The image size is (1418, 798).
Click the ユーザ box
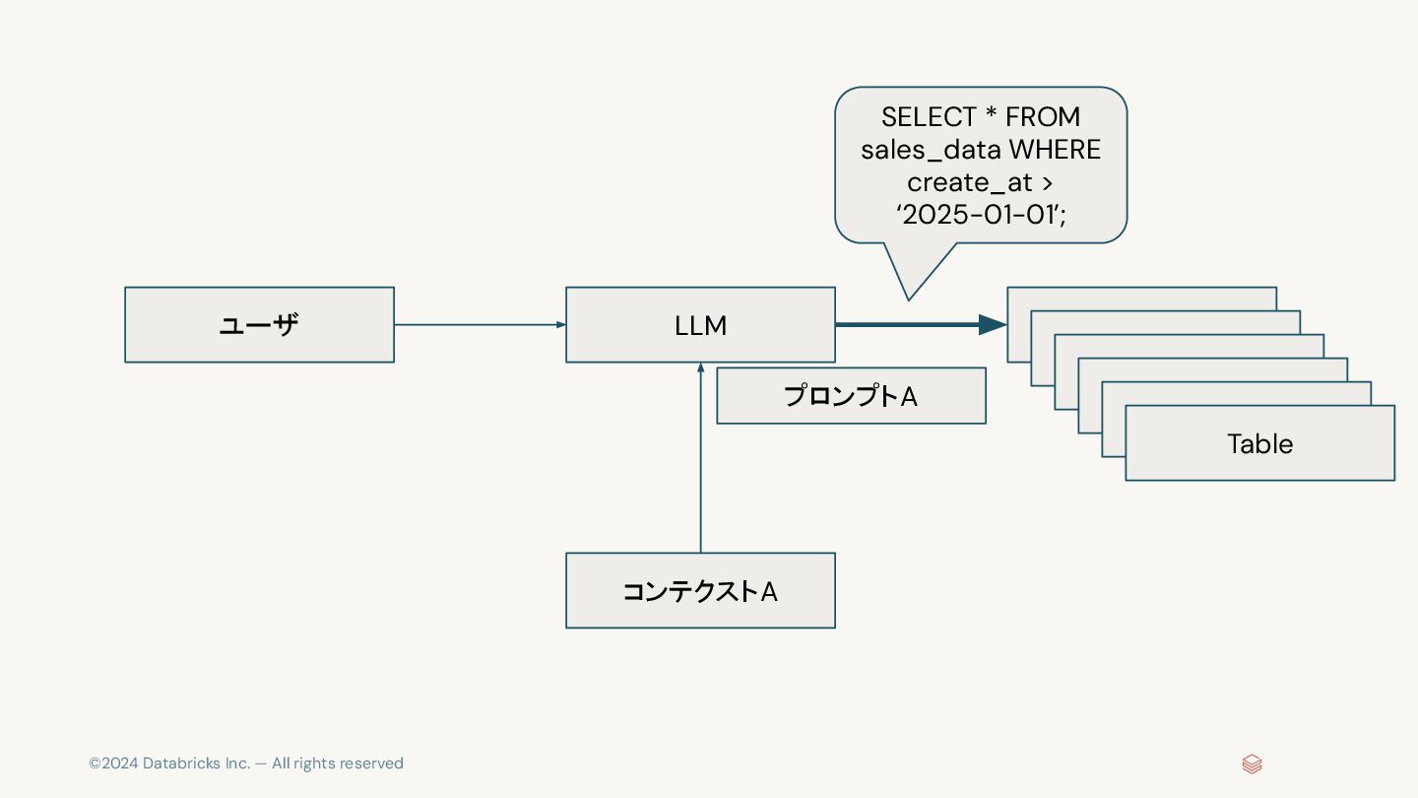(259, 325)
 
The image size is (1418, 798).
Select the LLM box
(700, 325)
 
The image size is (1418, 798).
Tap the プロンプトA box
(851, 396)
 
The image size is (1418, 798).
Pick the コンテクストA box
(700, 590)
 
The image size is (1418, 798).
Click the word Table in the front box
(1259, 443)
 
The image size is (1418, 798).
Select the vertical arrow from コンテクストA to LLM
(700, 458)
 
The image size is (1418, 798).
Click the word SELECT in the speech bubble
(928, 117)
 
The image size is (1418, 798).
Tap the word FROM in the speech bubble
(1043, 117)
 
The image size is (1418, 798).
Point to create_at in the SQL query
(969, 182)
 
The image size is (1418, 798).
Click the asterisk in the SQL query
(991, 115)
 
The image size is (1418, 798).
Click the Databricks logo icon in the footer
(1252, 764)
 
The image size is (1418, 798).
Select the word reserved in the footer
(367, 764)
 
